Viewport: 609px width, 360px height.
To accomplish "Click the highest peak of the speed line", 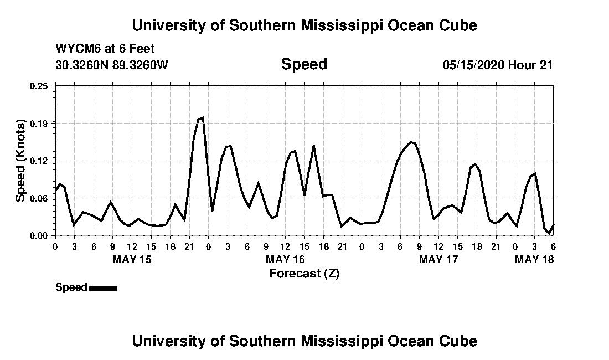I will tap(203, 117).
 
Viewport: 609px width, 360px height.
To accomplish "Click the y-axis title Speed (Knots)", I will tap(20, 161).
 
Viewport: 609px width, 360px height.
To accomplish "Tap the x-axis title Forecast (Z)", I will tap(304, 273).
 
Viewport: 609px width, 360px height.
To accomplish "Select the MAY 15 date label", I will tap(132, 259).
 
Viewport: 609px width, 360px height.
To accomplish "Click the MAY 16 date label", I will tap(285, 259).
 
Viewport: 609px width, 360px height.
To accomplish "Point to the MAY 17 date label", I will tap(438, 259).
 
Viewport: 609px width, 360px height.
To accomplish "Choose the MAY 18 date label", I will tap(535, 259).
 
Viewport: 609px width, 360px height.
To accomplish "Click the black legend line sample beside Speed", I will tap(103, 288).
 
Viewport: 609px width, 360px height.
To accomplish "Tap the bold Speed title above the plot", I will tap(304, 64).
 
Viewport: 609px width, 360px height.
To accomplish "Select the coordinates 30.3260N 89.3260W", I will tap(111, 65).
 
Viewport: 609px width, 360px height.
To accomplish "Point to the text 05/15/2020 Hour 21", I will tap(497, 65).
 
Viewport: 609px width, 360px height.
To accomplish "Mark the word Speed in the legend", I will tap(71, 287).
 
